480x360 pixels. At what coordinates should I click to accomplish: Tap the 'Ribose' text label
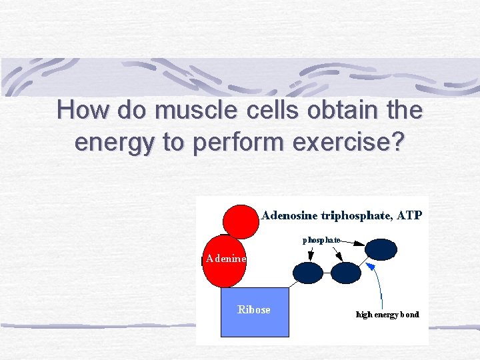point(254,309)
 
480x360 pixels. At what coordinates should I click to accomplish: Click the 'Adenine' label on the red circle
point(225,259)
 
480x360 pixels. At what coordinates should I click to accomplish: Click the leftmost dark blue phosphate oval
point(307,273)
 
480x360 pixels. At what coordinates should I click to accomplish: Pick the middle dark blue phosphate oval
point(345,273)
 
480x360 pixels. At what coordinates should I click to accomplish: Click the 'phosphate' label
point(321,239)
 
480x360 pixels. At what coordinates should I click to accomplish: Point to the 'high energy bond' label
point(387,314)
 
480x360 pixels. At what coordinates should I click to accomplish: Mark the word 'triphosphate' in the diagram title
point(357,215)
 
